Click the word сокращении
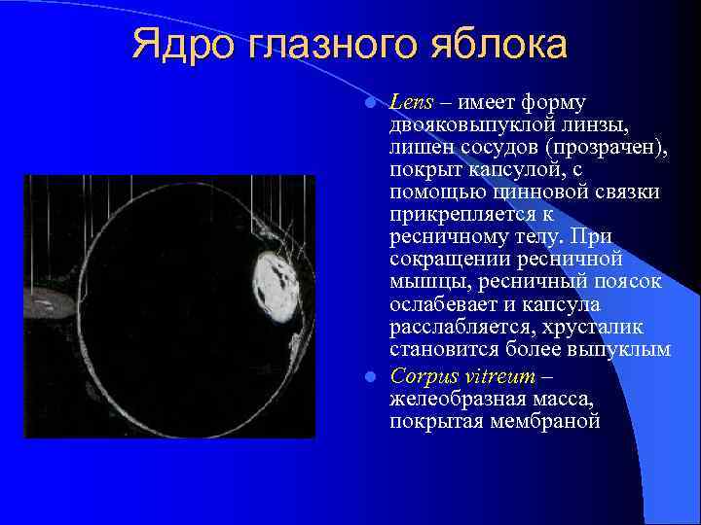click(451, 260)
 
